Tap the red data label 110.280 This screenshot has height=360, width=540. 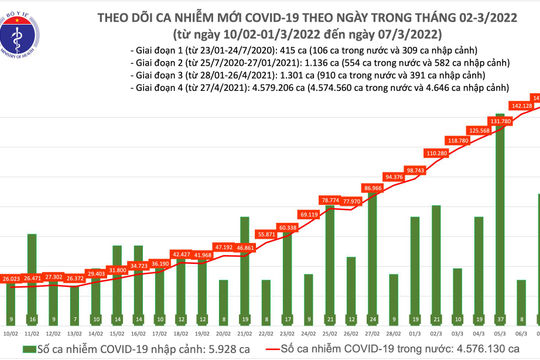(x=435, y=153)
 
